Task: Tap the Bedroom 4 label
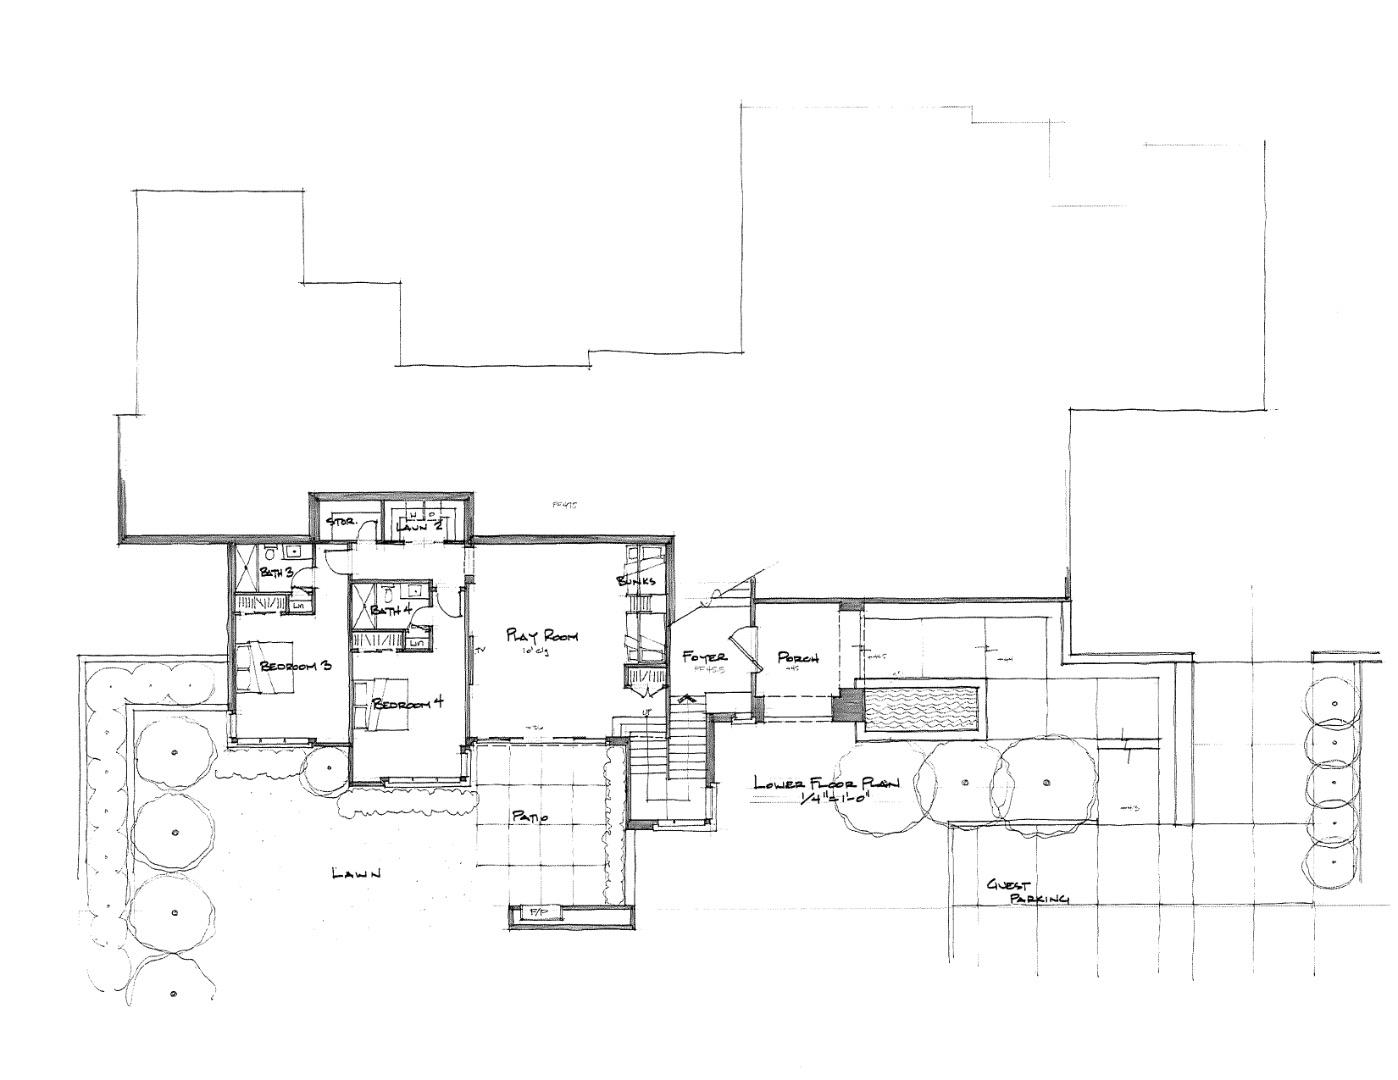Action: click(407, 704)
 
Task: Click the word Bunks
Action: click(636, 581)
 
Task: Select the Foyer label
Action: click(704, 657)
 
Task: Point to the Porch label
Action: click(798, 658)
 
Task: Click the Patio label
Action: click(530, 818)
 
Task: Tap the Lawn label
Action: click(356, 874)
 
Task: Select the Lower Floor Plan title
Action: click(826, 784)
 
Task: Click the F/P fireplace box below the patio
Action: click(537, 913)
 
